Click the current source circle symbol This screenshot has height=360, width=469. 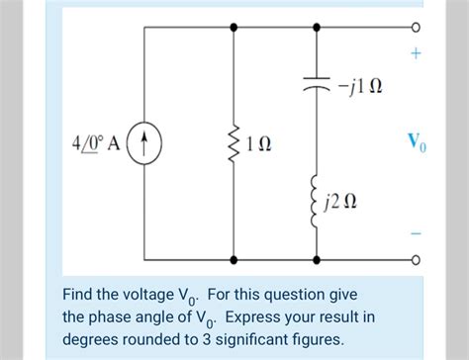point(145,143)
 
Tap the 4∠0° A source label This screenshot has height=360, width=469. point(96,143)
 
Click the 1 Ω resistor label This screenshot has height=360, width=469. point(265,143)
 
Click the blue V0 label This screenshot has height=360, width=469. point(418,143)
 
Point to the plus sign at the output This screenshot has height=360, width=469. point(416,57)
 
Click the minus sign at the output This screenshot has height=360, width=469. point(416,233)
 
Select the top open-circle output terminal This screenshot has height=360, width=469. point(416,28)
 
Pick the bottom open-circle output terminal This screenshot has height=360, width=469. point(416,260)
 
